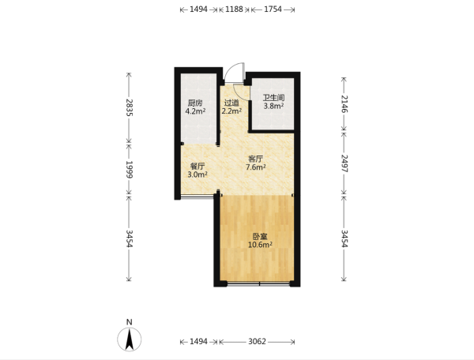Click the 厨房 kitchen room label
tap(195, 103)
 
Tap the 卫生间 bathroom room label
tap(273, 98)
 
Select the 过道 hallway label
tap(231, 103)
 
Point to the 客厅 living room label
tap(255, 159)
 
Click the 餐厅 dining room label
tap(197, 166)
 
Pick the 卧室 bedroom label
tap(260, 237)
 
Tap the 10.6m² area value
tap(260, 245)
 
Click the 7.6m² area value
tap(256, 167)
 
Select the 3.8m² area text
tap(273, 106)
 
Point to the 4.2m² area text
tap(195, 111)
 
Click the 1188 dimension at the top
tap(235, 9)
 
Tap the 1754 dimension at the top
tap(273, 9)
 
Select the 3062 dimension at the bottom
tap(257, 342)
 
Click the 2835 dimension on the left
tap(130, 107)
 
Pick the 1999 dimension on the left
tap(130, 170)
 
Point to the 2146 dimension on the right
tap(344, 104)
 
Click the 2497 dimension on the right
tap(344, 163)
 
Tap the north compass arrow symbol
tap(130, 339)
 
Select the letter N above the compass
tap(130, 322)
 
